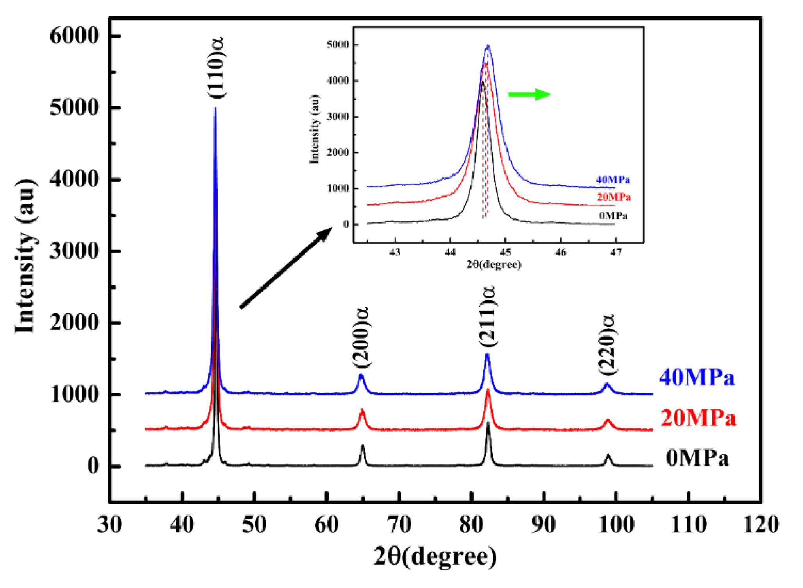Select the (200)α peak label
(x=361, y=337)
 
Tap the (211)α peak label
(x=488, y=316)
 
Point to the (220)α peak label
(x=607, y=344)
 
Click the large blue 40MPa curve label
(x=697, y=378)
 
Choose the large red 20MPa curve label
(x=698, y=418)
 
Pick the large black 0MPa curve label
(x=697, y=458)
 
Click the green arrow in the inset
(x=529, y=94)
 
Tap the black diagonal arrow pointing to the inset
(x=286, y=268)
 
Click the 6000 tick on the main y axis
(x=74, y=36)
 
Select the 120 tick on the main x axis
(x=761, y=524)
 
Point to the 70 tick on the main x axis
(x=399, y=524)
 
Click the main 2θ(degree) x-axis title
(x=435, y=557)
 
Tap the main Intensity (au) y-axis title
(x=25, y=256)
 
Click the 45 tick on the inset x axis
(x=505, y=252)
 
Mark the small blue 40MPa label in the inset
(x=613, y=180)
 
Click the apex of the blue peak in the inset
(x=488, y=46)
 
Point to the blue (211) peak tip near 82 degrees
(x=487, y=354)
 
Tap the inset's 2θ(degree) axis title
(x=494, y=265)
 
